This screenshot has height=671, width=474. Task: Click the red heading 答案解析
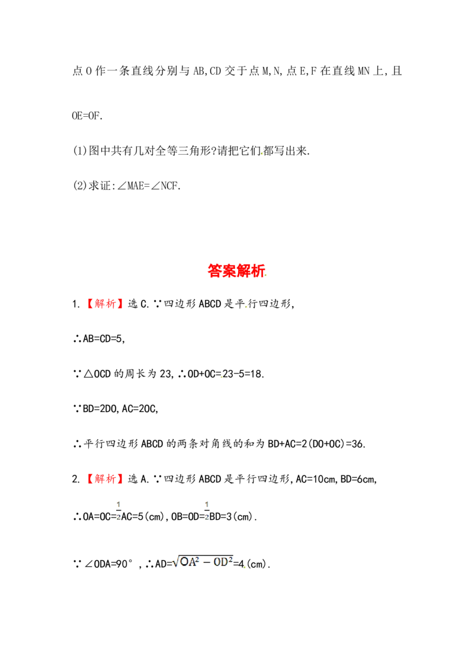236,271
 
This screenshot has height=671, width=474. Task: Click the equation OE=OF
87,116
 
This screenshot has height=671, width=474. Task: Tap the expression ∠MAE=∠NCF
149,186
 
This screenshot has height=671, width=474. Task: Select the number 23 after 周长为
165,374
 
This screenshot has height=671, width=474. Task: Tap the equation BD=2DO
100,409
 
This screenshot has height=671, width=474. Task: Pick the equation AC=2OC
139,409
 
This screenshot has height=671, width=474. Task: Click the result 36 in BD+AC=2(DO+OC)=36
358,444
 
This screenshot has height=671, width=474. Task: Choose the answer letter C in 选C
143,304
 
